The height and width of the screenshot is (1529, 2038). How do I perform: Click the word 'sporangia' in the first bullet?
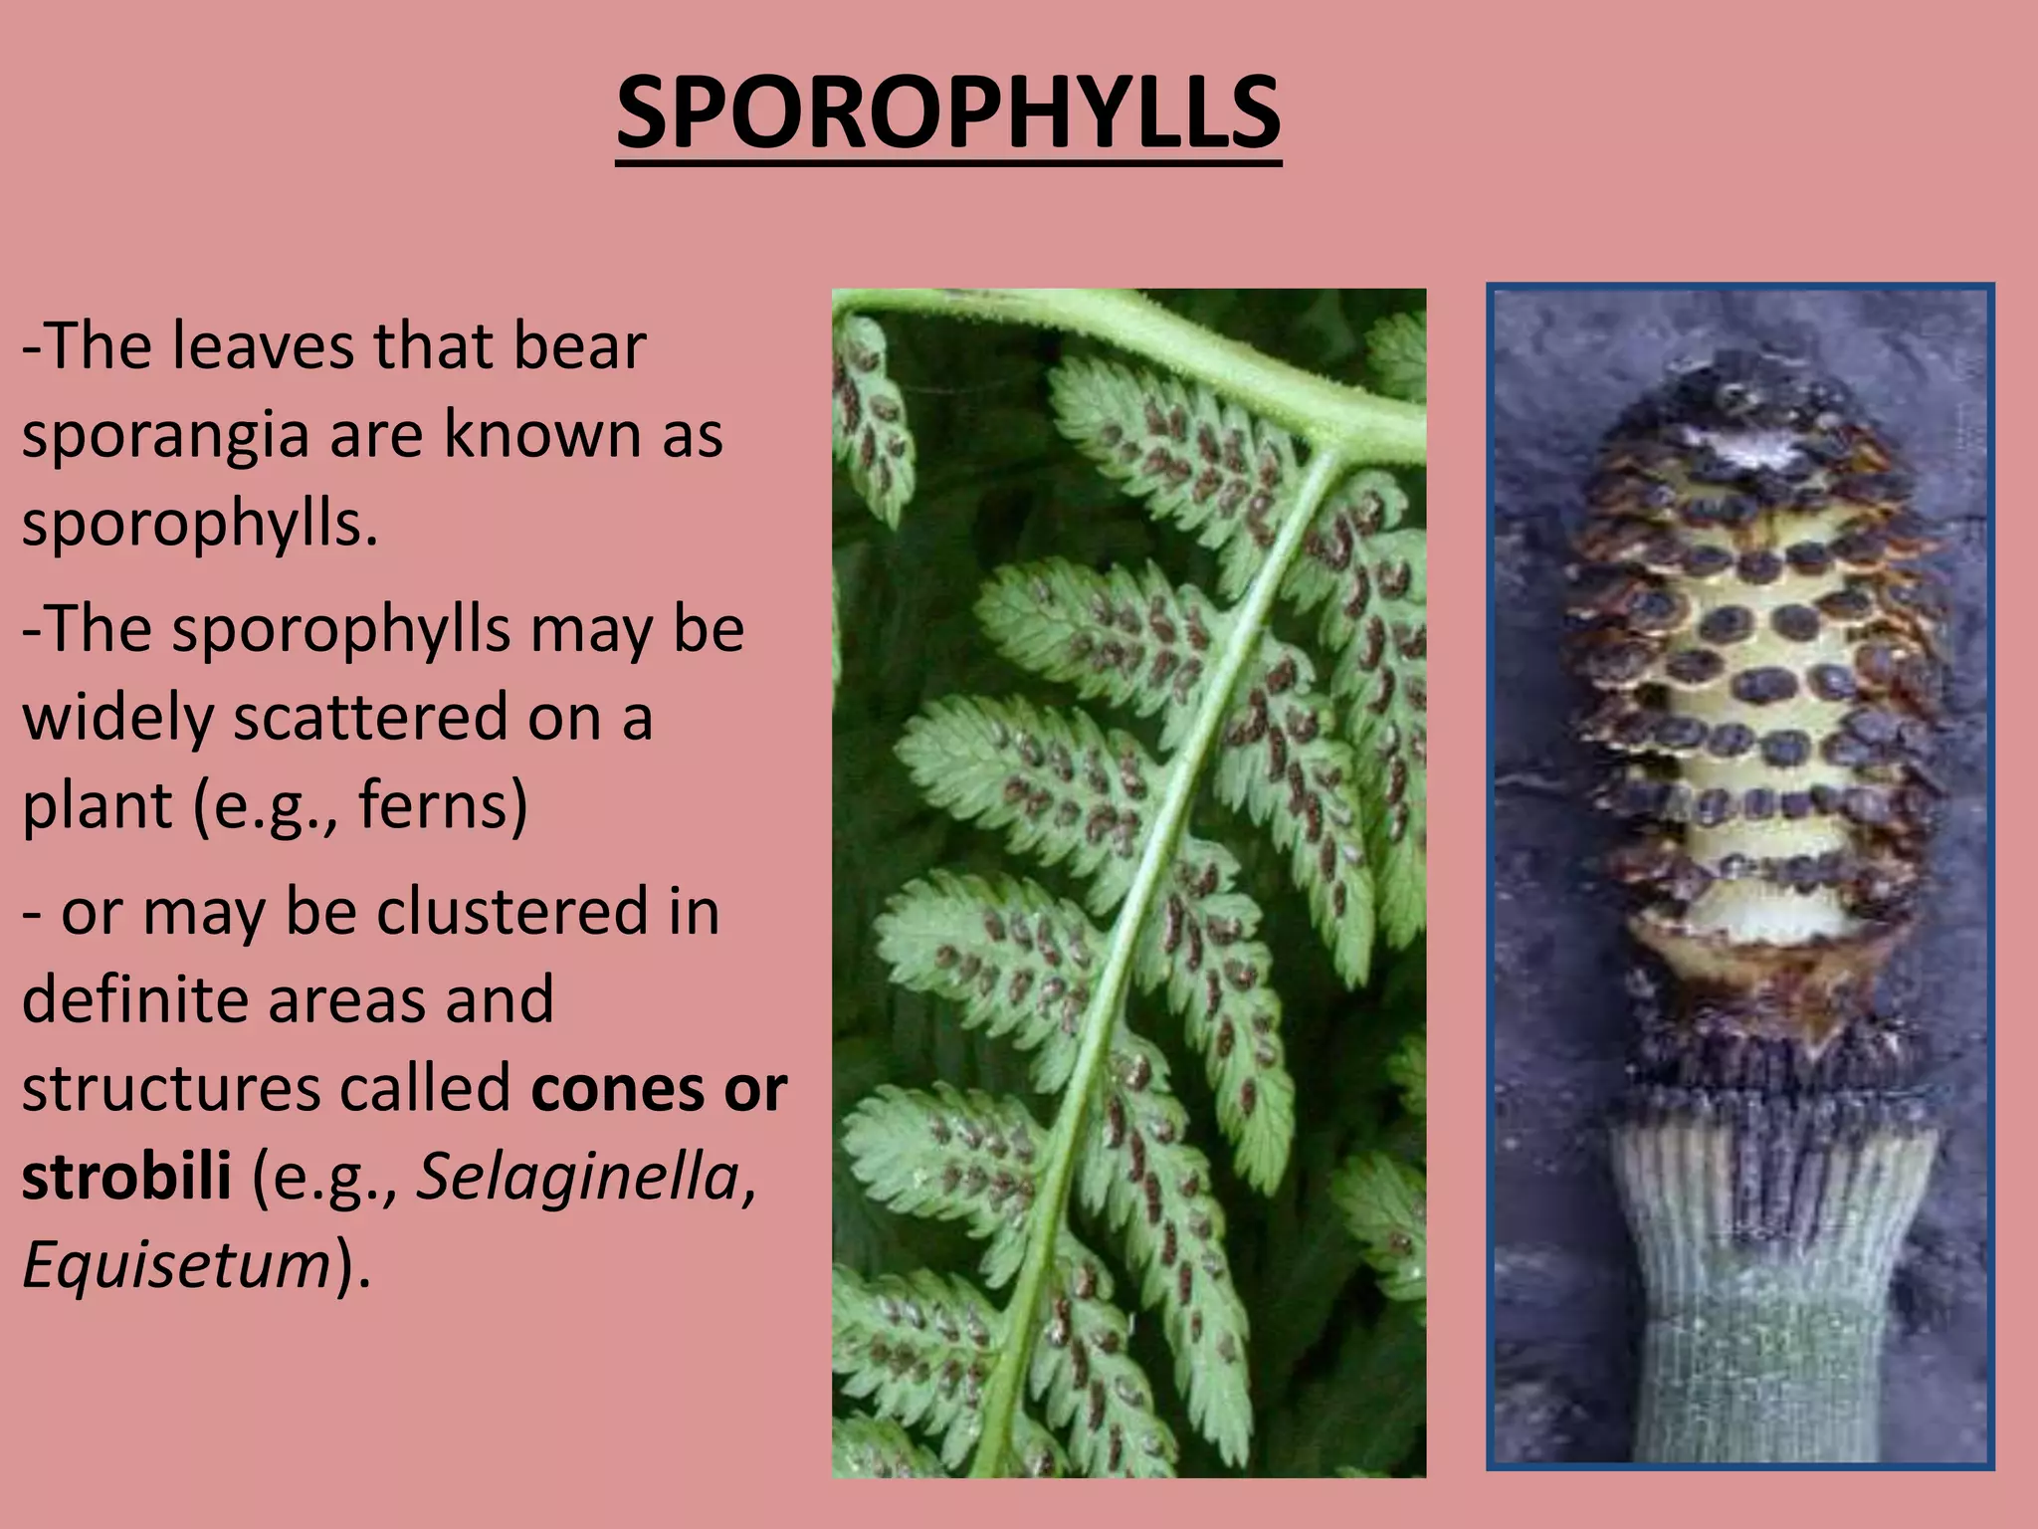(x=165, y=435)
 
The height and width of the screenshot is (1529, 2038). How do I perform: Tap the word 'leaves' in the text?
(x=264, y=346)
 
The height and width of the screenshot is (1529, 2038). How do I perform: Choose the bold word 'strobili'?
(x=126, y=1177)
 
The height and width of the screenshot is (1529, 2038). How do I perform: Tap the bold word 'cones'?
(x=616, y=1089)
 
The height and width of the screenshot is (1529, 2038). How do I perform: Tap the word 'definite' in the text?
(x=135, y=999)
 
